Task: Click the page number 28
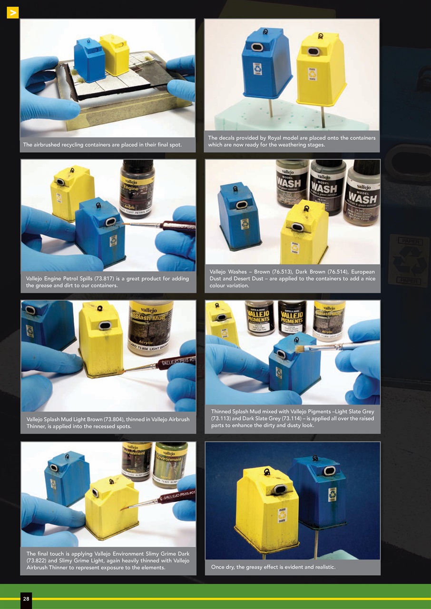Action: [26, 599]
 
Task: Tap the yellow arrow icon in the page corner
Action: [12, 13]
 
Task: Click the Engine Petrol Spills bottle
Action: [137, 189]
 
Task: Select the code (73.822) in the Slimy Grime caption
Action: [39, 560]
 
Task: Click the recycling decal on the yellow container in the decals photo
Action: [312, 74]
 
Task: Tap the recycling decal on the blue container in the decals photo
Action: [257, 69]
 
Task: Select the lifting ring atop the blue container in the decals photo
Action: [265, 31]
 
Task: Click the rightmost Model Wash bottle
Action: [362, 193]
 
